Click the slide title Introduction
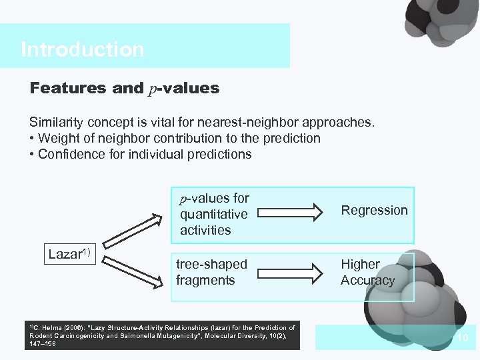click(x=82, y=49)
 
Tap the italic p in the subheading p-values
click(x=153, y=89)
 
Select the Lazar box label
click(x=69, y=254)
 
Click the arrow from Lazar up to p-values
click(x=133, y=229)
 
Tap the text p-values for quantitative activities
click(x=214, y=214)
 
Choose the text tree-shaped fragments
click(x=211, y=272)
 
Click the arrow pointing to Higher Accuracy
click(x=290, y=272)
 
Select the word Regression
click(x=374, y=211)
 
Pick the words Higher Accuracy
click(x=367, y=272)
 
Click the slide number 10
click(x=463, y=339)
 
